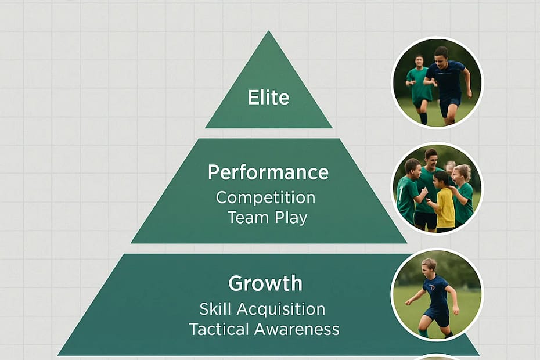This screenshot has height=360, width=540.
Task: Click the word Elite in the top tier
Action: coord(268,97)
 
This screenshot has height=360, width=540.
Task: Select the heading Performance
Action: coord(268,172)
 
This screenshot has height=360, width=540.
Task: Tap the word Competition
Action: coord(265,197)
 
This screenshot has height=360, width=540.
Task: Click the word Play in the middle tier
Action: coord(290,218)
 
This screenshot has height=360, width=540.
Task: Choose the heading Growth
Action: coord(265,283)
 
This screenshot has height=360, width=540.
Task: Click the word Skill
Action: coord(216,308)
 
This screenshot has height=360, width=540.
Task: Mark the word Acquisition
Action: coord(281,308)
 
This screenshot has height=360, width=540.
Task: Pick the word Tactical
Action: coord(215,329)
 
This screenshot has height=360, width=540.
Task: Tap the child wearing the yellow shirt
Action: coord(445,206)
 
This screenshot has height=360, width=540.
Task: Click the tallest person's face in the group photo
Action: coord(431,157)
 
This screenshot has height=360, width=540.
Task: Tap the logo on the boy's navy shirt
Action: coord(433,286)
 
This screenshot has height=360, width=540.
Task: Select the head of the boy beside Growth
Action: coord(429,267)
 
